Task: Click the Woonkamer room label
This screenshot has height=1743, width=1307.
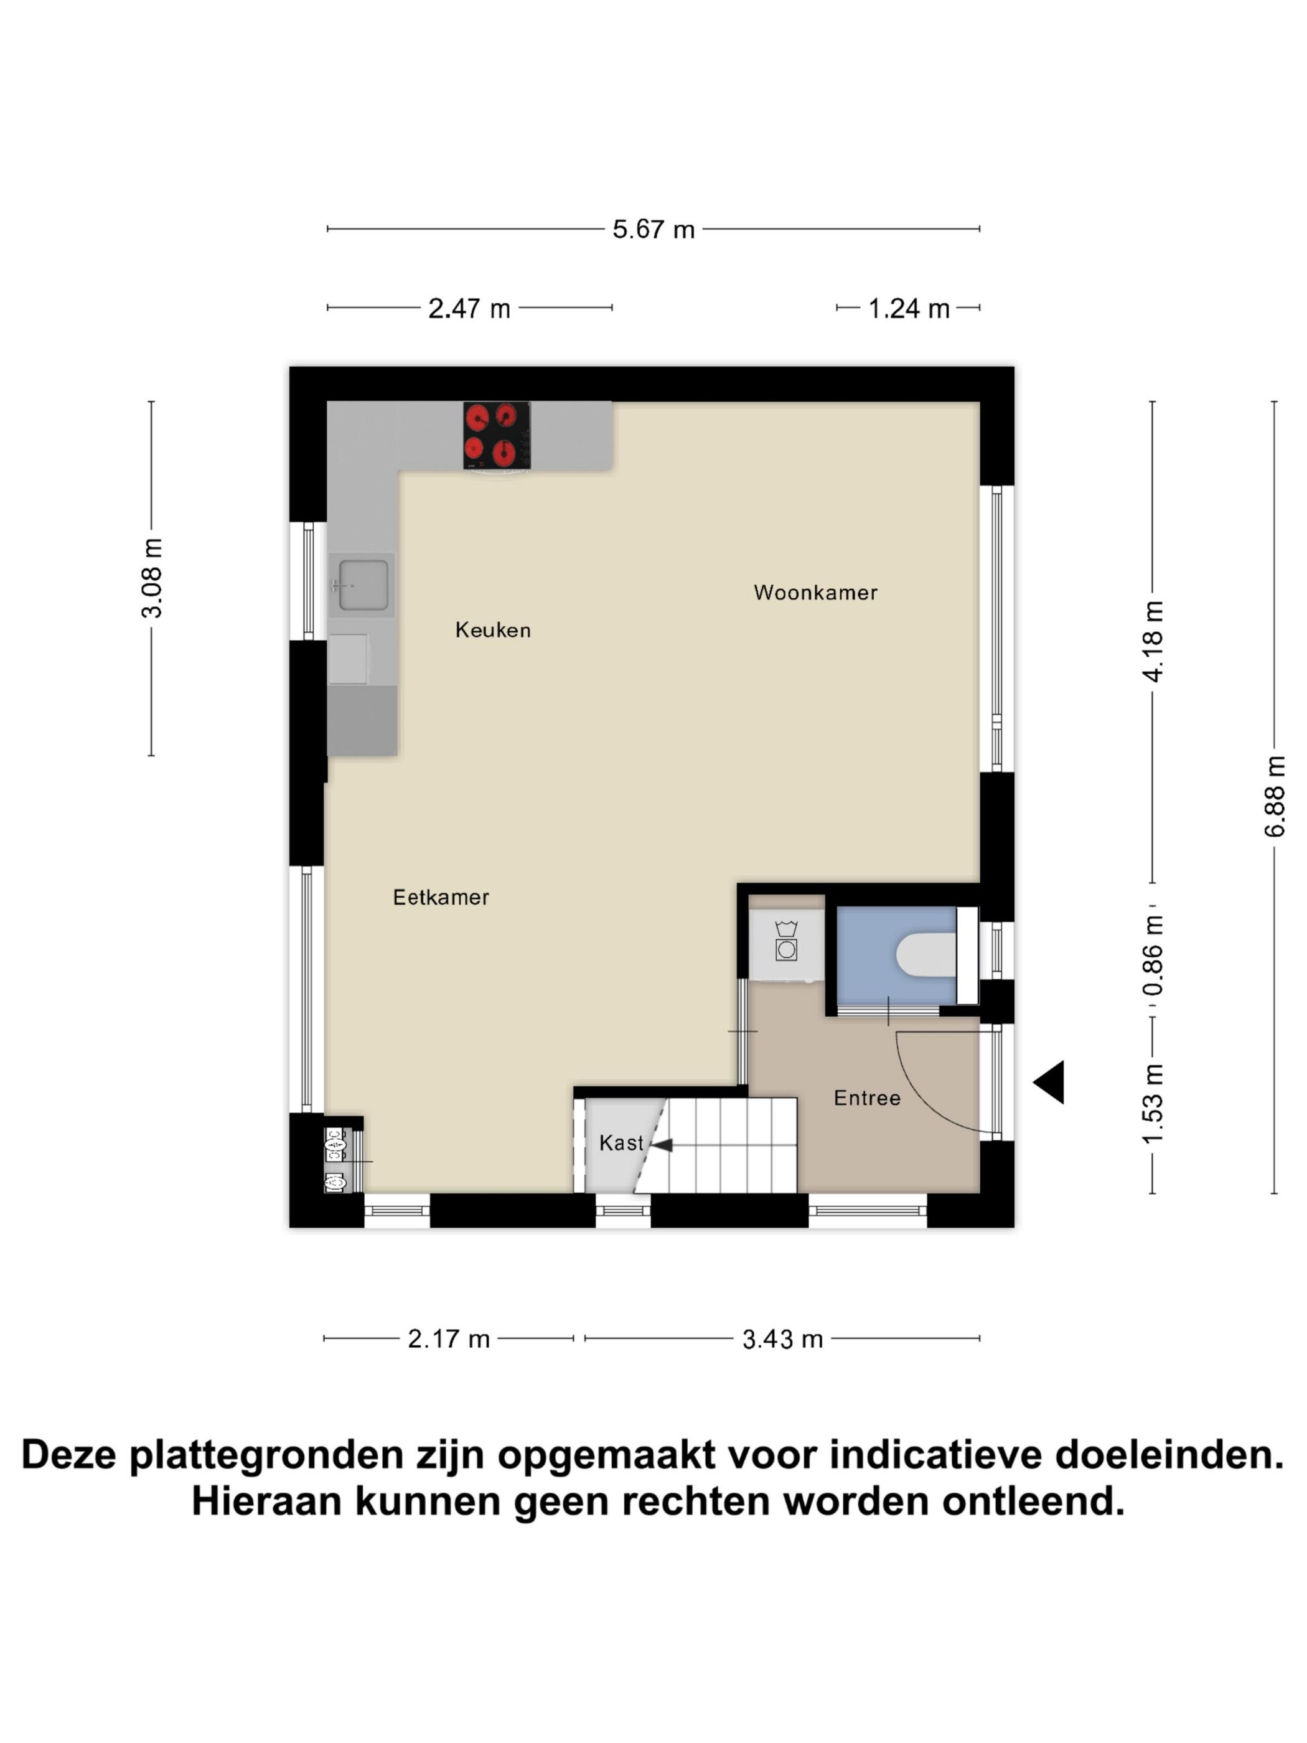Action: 815,593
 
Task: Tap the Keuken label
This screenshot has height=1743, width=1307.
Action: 493,629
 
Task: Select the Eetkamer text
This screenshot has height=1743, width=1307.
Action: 441,897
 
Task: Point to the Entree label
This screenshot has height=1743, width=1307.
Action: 866,1097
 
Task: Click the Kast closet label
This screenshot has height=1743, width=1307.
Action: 621,1142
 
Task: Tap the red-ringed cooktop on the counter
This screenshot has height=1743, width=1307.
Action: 496,435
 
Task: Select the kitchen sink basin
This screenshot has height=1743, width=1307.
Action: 363,585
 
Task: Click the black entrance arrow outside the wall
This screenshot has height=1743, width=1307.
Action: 1050,1082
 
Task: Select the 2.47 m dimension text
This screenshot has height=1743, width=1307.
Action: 469,308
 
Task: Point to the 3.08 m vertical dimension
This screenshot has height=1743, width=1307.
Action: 152,578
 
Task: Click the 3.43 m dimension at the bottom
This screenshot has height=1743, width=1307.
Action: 782,1339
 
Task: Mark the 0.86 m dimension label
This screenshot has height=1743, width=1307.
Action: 1153,954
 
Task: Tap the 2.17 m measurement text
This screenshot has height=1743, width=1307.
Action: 448,1339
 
